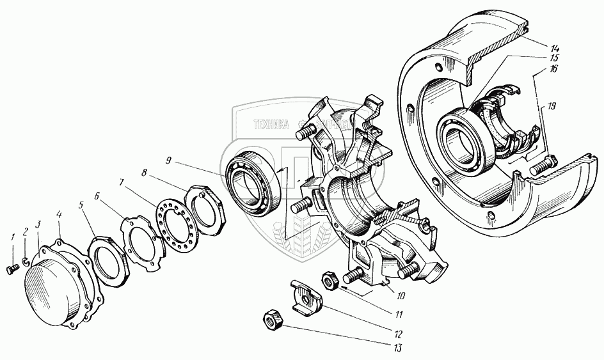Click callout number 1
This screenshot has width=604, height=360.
(12, 239)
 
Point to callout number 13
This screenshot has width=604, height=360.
(397, 349)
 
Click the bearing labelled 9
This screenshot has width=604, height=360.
(251, 181)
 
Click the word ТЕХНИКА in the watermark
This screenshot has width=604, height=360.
(270, 125)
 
